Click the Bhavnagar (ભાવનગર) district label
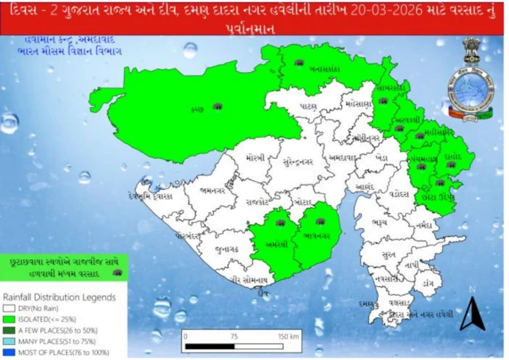317,235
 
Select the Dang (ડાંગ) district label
429,282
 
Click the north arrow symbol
469,314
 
